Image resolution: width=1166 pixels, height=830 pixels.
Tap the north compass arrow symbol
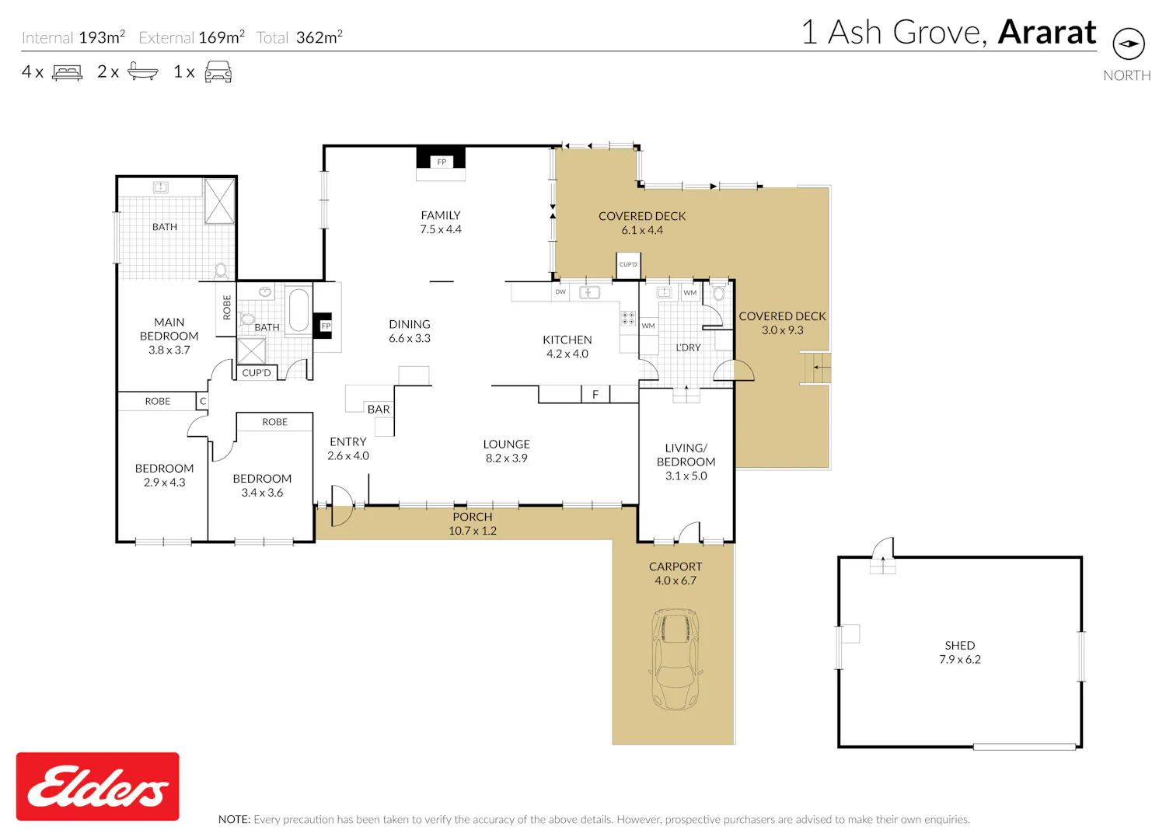coord(1128,44)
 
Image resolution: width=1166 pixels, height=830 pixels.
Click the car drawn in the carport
coord(676,659)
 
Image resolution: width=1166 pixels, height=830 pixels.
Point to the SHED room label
coord(960,645)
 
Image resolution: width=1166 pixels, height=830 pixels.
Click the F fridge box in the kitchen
coord(595,394)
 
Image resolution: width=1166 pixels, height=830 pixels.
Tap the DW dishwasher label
coord(560,292)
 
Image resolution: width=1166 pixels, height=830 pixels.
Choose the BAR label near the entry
coord(379,409)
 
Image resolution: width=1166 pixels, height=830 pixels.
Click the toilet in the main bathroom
coord(221,270)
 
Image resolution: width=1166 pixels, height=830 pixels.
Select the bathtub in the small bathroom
coord(298,309)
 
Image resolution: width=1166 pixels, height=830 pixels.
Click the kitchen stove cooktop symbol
coord(628,318)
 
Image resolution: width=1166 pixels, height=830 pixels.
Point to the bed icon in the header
coord(67,71)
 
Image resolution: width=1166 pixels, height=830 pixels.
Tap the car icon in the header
coord(218,71)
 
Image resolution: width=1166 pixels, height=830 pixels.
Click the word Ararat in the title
coord(1047,33)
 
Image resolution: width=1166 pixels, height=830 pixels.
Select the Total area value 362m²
coord(319,37)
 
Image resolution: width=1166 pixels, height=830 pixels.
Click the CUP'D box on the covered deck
coord(628,265)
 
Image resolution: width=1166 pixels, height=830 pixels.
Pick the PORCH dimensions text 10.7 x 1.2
coord(473,531)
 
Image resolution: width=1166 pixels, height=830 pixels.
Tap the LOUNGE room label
coord(507,444)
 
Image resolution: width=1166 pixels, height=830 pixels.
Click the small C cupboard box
coord(202,401)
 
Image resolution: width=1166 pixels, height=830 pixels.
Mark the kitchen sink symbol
coord(588,292)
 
